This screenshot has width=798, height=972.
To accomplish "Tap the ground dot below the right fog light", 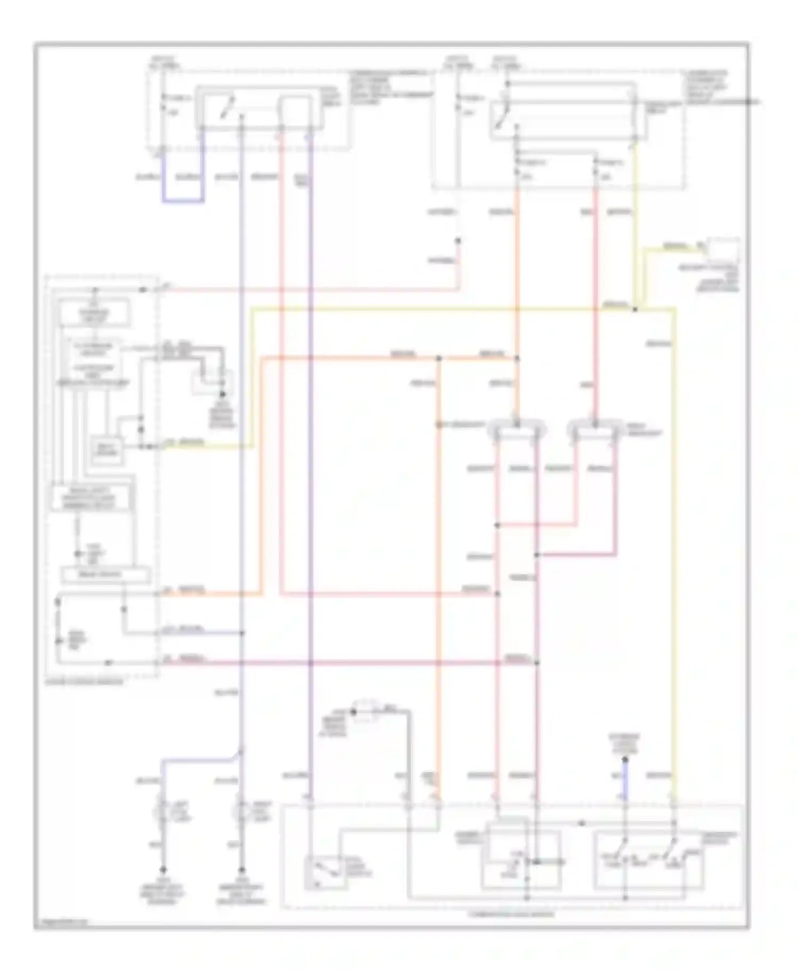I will [x=242, y=870].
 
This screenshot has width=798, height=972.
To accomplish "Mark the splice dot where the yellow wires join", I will [x=635, y=309].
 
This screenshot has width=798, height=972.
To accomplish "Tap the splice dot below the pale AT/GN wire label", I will [x=458, y=240].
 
